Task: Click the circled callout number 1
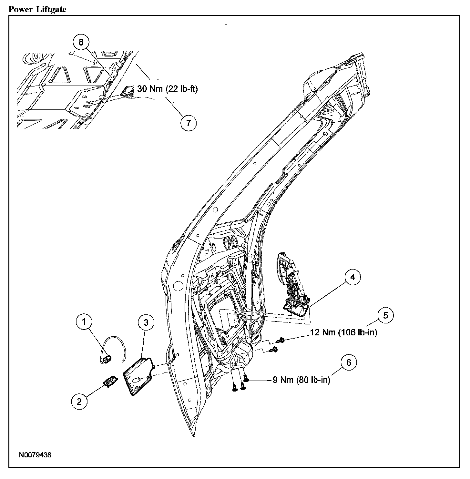click(x=84, y=321)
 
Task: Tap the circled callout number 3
click(x=146, y=322)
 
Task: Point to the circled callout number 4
click(x=352, y=277)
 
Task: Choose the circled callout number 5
click(x=385, y=315)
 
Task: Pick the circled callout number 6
click(x=349, y=362)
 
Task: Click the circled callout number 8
click(x=81, y=42)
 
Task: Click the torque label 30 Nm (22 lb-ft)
click(x=168, y=89)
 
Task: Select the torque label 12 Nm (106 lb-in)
click(x=343, y=332)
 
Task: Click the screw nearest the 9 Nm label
click(x=245, y=378)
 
